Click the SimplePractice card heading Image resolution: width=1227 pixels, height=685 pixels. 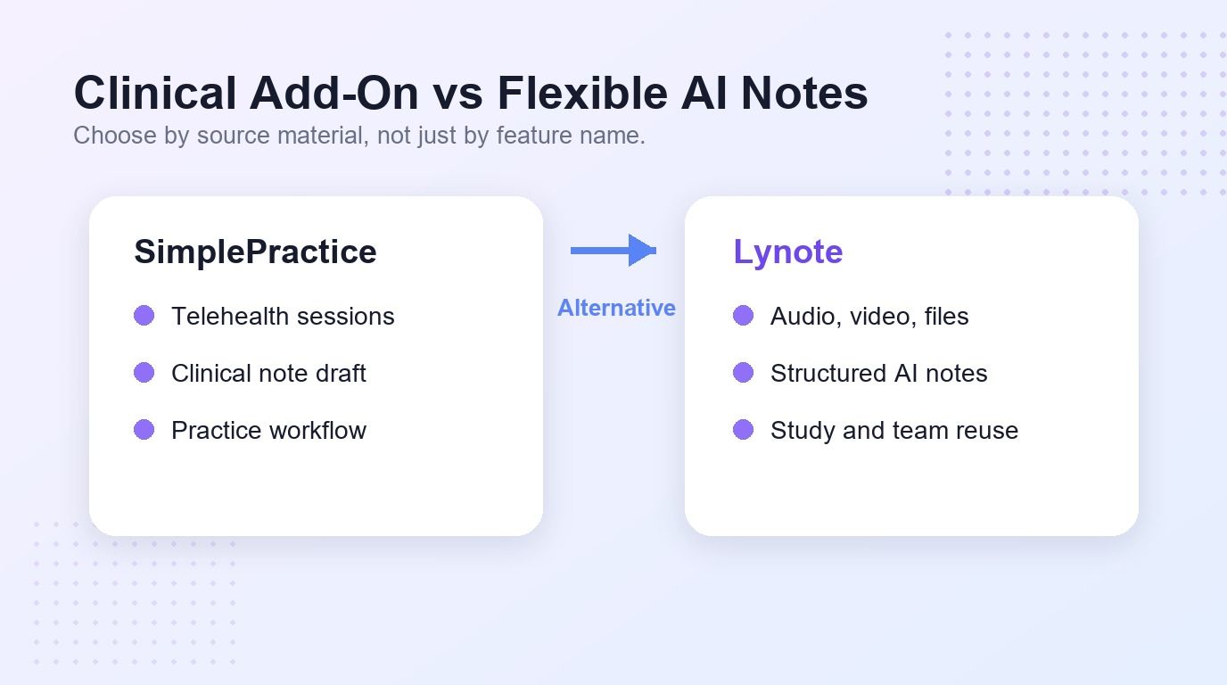tap(255, 252)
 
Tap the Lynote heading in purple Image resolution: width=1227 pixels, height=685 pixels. tap(787, 252)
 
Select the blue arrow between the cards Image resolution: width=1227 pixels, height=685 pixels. tap(613, 251)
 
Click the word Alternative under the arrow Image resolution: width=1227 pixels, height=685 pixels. tap(616, 308)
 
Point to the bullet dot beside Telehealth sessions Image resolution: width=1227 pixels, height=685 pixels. tap(144, 316)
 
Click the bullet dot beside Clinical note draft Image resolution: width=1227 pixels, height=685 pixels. tap(144, 373)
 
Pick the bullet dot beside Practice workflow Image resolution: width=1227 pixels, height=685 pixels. tap(144, 430)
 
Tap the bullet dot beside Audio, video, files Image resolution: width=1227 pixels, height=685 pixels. tap(744, 316)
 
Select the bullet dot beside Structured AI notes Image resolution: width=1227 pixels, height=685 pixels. tap(744, 373)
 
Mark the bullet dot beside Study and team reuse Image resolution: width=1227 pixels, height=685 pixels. tap(744, 430)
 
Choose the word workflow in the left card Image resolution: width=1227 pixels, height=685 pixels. tap(317, 430)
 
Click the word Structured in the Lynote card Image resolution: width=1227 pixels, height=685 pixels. tap(828, 373)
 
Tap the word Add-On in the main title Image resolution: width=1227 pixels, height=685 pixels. tap(334, 93)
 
